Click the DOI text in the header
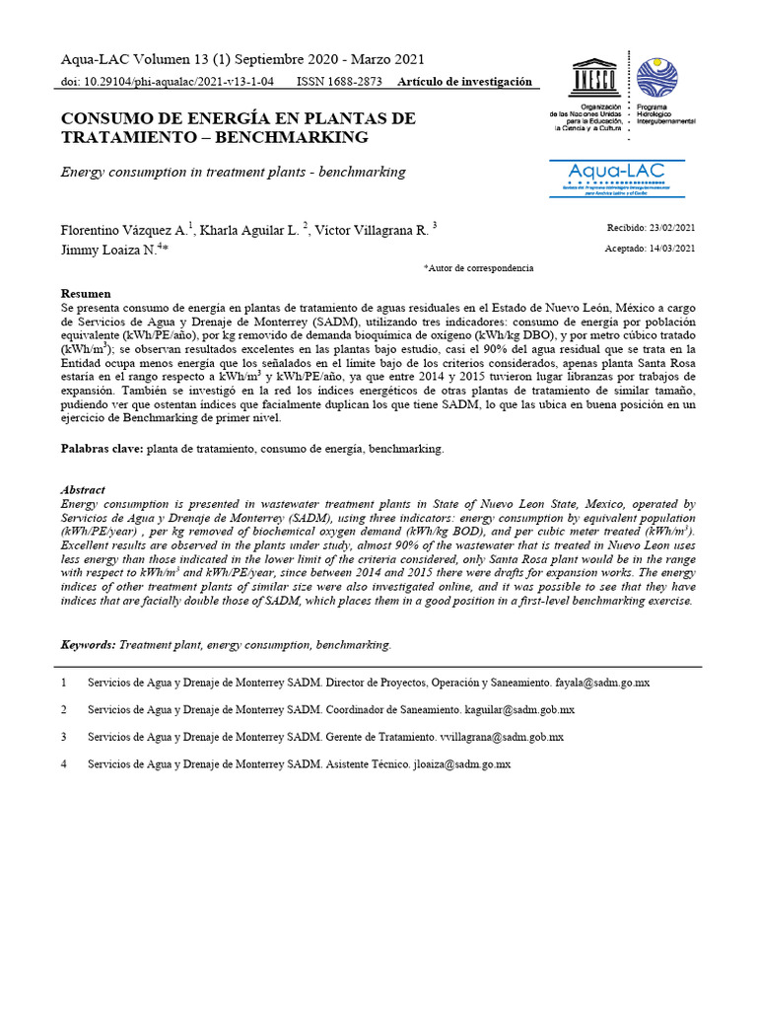point(168,82)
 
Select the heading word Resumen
point(86,294)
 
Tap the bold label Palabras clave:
point(103,449)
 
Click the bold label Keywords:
point(89,645)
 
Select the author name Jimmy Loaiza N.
point(106,251)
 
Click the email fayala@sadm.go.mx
point(602,683)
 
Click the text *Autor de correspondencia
point(478,268)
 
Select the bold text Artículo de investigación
point(464,82)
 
